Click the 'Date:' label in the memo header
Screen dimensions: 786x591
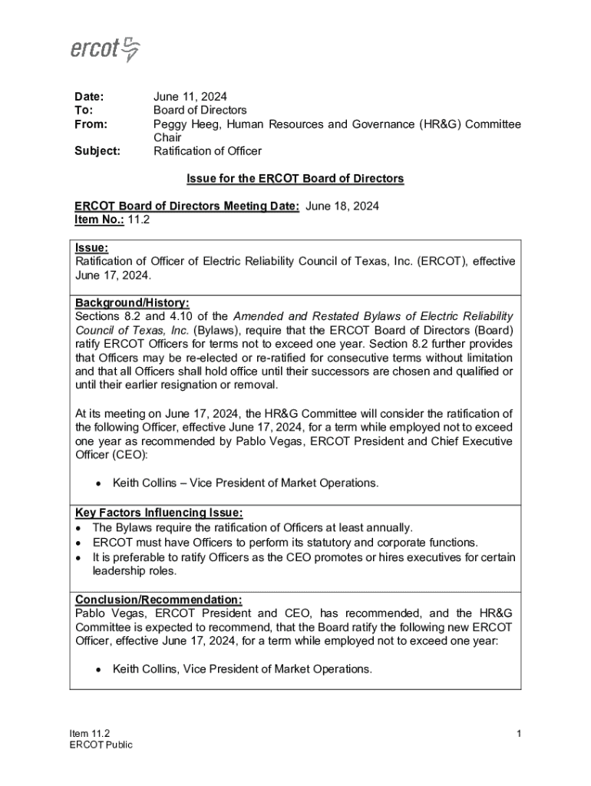pos(88,97)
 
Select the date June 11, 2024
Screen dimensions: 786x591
pos(190,97)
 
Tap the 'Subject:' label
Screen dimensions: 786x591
pos(97,151)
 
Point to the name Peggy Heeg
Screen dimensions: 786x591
pos(185,124)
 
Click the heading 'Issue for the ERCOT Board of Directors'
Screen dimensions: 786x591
pos(295,179)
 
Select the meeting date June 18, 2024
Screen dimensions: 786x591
pos(342,206)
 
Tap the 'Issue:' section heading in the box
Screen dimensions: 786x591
pos(91,248)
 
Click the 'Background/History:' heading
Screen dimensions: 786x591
pos(132,303)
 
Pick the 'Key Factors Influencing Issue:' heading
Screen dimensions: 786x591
pos(159,513)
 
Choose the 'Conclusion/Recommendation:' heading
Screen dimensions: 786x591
pos(159,599)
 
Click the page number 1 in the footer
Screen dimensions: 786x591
pos(519,734)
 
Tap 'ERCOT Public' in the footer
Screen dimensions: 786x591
pos(101,745)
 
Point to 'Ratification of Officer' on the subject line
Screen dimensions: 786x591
pos(207,151)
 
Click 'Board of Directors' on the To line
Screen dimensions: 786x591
pos(200,111)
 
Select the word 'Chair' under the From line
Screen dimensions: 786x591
pos(167,137)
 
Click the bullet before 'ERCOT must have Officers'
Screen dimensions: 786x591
pos(80,543)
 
